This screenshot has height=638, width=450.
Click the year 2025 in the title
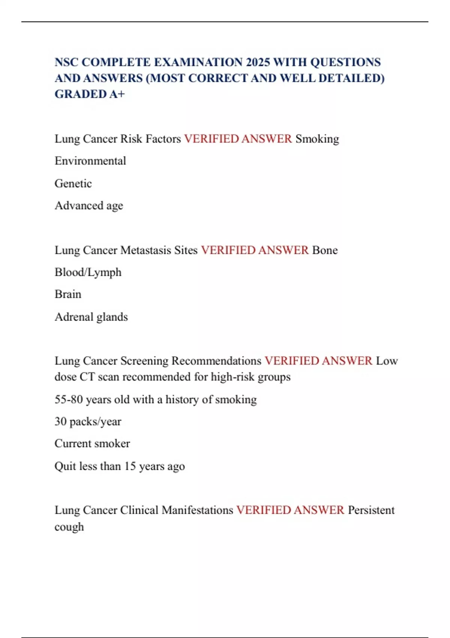click(258, 62)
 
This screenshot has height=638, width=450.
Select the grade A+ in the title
click(117, 94)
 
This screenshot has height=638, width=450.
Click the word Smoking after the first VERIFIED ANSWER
click(317, 139)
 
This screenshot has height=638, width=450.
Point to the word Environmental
click(90, 161)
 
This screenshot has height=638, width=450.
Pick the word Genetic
click(73, 184)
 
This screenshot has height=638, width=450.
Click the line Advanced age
click(89, 206)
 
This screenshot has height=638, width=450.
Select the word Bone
click(325, 250)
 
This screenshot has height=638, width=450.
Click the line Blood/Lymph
click(88, 272)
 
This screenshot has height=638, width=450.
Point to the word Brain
click(68, 294)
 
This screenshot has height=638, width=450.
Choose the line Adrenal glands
click(91, 317)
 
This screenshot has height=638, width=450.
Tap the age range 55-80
click(69, 399)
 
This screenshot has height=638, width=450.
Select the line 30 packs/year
click(88, 421)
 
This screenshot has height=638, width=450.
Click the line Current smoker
click(92, 444)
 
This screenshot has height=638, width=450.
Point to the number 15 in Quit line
click(130, 466)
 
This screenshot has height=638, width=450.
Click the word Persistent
click(371, 510)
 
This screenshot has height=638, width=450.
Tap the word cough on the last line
click(69, 527)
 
